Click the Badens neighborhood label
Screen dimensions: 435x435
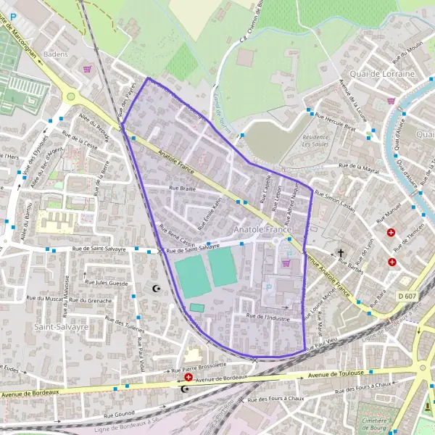coord(55,54)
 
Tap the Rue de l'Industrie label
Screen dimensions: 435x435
coord(268,317)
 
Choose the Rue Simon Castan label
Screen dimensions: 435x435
coord(338,202)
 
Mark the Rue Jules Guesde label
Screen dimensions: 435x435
coord(107,283)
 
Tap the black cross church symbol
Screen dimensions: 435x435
coord(341,254)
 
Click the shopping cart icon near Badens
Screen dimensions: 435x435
coord(88,70)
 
